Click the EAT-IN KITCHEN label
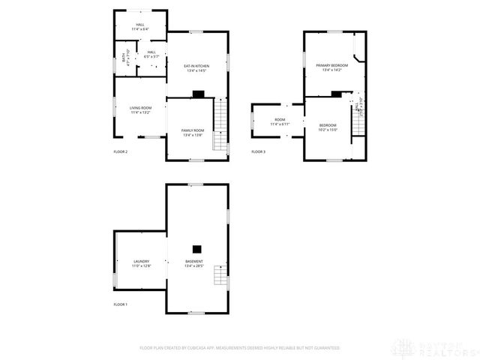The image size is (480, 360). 196,66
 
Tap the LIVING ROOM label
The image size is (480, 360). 140,108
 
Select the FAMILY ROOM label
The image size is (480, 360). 193,130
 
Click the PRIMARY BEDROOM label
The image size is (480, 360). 331,66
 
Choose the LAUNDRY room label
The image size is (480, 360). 141,261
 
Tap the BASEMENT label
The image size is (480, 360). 194,261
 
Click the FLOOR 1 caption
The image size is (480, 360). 121,304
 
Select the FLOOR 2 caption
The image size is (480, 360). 121,152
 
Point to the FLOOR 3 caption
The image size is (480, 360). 258,152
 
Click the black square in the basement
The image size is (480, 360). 196,249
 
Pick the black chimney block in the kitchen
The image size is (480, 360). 198,94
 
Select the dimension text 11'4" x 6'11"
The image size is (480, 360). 280,124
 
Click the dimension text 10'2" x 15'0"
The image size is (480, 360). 328,129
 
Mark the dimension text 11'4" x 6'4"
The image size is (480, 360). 140,29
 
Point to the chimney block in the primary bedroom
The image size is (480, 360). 337,94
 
